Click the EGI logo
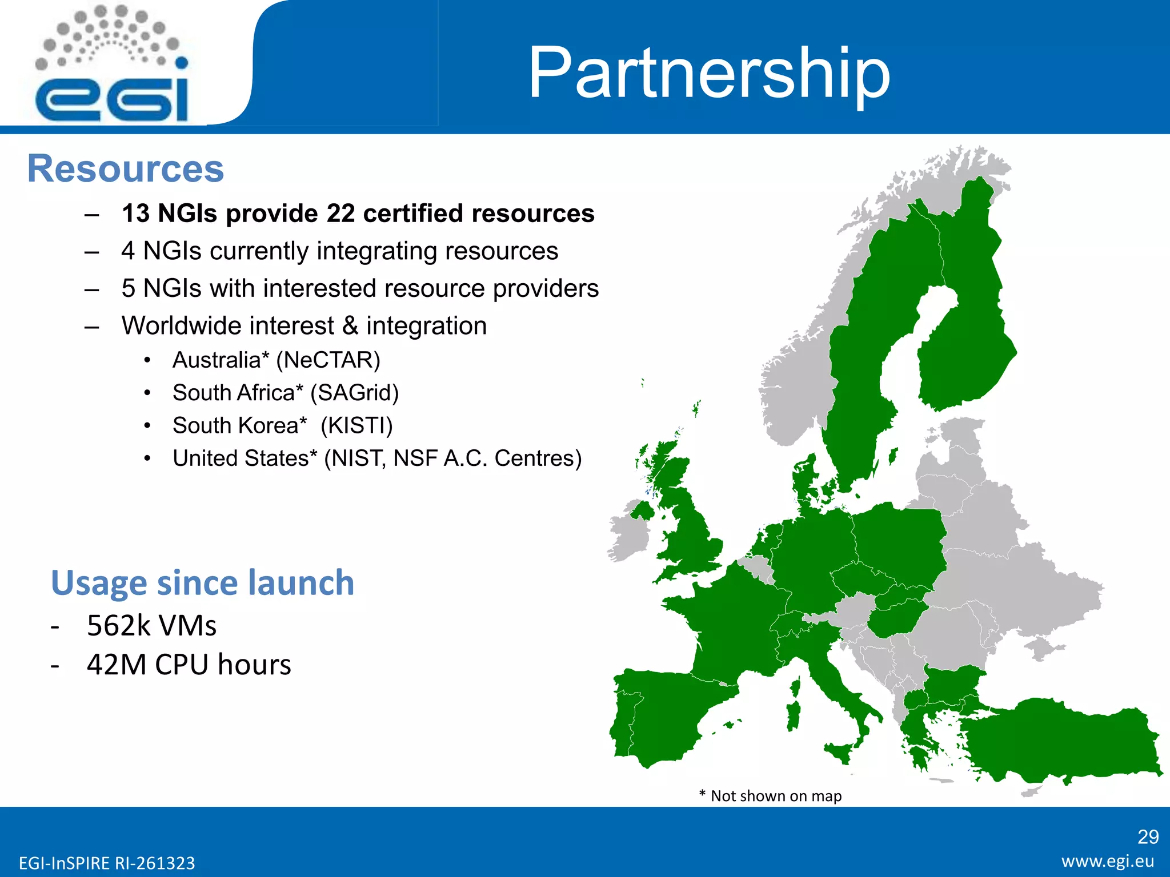(111, 66)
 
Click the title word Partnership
(709, 73)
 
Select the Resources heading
(126, 169)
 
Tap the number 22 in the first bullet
(340, 214)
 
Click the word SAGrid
(354, 393)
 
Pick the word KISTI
(356, 426)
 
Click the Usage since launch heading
(202, 583)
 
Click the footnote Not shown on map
(775, 796)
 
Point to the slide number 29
(1148, 837)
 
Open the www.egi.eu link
(1108, 861)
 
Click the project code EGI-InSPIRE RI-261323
(107, 863)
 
